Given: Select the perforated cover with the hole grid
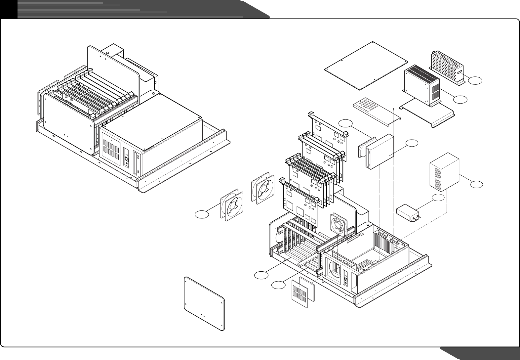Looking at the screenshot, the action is [x=447, y=67].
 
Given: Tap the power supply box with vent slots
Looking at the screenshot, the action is [x=422, y=85].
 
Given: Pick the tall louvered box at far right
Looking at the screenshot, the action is [x=444, y=172].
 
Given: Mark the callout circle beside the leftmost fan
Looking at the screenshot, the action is [x=202, y=214].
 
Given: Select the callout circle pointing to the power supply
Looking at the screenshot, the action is [x=460, y=99].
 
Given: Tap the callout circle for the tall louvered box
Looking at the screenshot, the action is [x=476, y=185].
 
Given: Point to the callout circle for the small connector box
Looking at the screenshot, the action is [x=438, y=198].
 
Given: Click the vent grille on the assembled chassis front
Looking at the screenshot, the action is [x=111, y=148].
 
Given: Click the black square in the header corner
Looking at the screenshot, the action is [x=8, y=9].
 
